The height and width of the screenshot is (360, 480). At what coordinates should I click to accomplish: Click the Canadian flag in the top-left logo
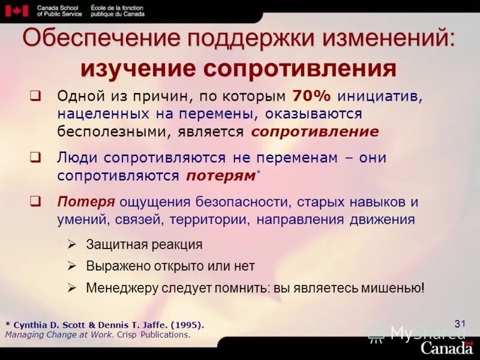(20, 10)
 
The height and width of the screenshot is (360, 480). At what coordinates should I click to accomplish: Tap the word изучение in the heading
(137, 68)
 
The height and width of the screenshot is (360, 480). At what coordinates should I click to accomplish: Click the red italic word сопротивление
(315, 131)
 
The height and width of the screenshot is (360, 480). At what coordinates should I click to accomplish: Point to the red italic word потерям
(220, 176)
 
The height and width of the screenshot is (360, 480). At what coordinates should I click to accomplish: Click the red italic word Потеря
(86, 202)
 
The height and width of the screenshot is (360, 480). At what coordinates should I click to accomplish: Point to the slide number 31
(460, 324)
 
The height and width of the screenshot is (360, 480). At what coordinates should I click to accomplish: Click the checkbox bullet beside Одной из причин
(35, 96)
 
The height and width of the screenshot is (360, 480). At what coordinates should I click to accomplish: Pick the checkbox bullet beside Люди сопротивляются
(35, 158)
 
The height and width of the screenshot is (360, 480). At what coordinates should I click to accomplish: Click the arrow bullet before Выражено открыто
(71, 266)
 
